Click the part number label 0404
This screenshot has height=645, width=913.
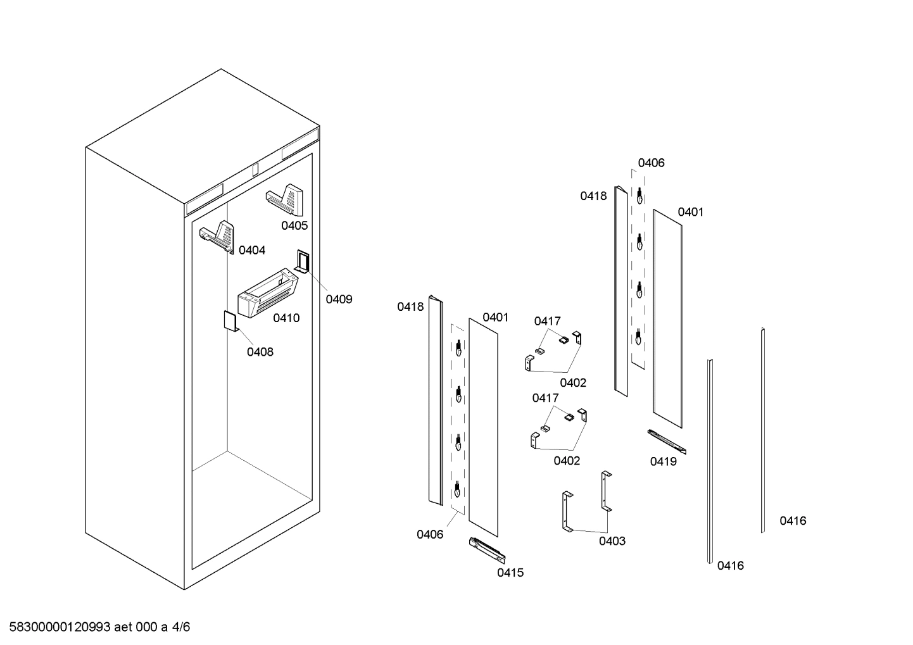(251, 251)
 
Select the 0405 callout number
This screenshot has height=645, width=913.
(294, 226)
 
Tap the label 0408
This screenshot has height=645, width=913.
(260, 352)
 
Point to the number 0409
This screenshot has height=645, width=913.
(339, 299)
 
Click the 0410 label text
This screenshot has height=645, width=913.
(286, 318)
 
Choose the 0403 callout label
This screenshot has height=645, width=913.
(612, 541)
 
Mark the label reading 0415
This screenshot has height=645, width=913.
(510, 573)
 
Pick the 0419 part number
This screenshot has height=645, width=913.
(663, 462)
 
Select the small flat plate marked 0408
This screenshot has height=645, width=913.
(229, 320)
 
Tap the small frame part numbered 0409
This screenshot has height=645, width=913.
(302, 261)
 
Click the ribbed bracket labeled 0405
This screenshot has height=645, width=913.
(286, 199)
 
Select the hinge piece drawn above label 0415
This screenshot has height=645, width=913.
(487, 549)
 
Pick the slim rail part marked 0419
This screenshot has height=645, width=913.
(666, 441)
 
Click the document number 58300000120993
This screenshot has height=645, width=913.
(60, 627)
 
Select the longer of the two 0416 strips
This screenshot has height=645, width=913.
(710, 461)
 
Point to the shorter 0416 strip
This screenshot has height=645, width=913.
(763, 430)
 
